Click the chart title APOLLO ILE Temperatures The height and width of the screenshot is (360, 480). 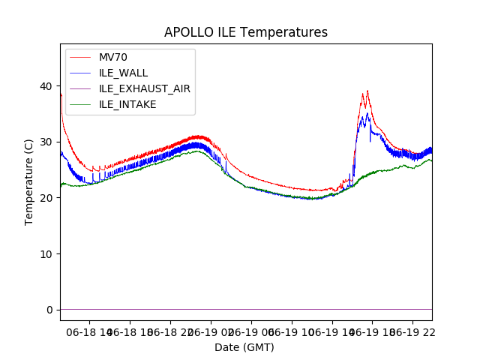click(x=246, y=32)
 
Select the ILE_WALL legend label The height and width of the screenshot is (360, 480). click(x=124, y=73)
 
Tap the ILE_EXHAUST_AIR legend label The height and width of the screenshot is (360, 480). click(x=145, y=88)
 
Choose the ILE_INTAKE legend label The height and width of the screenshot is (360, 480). click(x=127, y=104)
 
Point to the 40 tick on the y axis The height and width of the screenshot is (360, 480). click(x=47, y=86)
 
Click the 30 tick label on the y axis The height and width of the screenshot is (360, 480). click(x=47, y=142)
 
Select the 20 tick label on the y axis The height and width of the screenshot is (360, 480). click(x=47, y=198)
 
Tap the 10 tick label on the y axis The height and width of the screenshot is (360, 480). click(x=47, y=253)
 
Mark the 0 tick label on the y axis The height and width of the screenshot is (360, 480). click(x=50, y=310)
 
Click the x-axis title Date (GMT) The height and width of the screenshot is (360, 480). click(x=244, y=347)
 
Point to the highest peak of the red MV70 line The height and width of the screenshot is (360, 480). click(x=367, y=91)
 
